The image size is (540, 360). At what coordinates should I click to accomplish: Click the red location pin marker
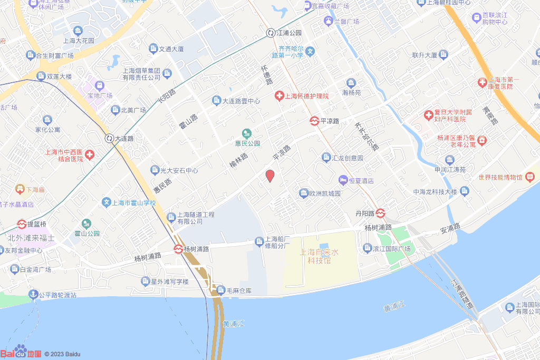pyautogui.click(x=269, y=176)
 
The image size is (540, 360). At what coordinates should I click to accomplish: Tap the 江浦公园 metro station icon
pyautogui.click(x=271, y=33)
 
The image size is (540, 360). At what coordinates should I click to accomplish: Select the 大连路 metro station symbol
pyautogui.click(x=109, y=138)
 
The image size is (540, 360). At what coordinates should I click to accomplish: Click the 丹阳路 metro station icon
pyautogui.click(x=381, y=213)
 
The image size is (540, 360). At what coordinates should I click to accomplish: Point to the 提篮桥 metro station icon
pyautogui.click(x=22, y=224)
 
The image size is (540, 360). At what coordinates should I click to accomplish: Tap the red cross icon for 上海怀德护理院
pyautogui.click(x=279, y=95)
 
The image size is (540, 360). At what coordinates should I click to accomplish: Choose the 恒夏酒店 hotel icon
pyautogui.click(x=343, y=180)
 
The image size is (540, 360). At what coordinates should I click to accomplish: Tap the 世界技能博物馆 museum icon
pyautogui.click(x=530, y=177)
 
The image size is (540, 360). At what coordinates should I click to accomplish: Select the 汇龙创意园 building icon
pyautogui.click(x=326, y=157)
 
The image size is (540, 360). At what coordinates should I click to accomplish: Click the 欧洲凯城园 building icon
pyautogui.click(x=303, y=193)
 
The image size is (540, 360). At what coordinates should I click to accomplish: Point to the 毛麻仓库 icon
pyautogui.click(x=220, y=289)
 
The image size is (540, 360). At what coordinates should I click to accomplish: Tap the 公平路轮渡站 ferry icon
pyautogui.click(x=33, y=295)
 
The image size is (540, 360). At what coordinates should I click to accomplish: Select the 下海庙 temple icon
pyautogui.click(x=20, y=188)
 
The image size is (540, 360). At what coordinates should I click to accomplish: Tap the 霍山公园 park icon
pyautogui.click(x=85, y=223)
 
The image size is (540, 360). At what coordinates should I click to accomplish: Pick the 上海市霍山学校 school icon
pyautogui.click(x=107, y=202)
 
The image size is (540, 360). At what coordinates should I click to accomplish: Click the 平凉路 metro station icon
pyautogui.click(x=314, y=121)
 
